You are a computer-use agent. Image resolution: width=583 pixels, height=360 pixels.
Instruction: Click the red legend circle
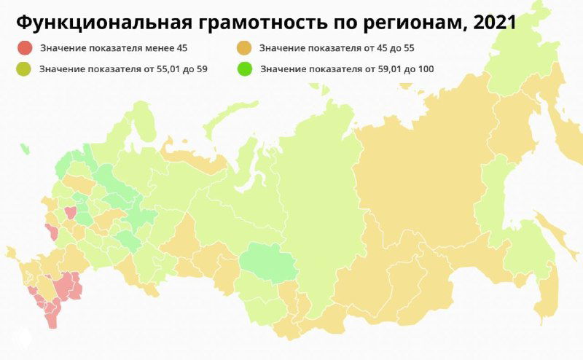26,49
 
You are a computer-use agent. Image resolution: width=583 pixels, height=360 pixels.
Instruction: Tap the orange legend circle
245,49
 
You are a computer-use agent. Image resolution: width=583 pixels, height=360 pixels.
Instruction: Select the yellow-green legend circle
26,69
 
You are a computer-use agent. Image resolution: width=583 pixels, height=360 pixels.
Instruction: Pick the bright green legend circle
245,69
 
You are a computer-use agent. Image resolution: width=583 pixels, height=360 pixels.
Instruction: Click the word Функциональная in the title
102,23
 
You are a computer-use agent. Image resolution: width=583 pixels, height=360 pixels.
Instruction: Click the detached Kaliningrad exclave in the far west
24,149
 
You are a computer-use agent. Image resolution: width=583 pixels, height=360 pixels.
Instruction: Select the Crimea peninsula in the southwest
12,253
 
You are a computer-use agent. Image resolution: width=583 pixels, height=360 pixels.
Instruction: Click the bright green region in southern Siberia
268,262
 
